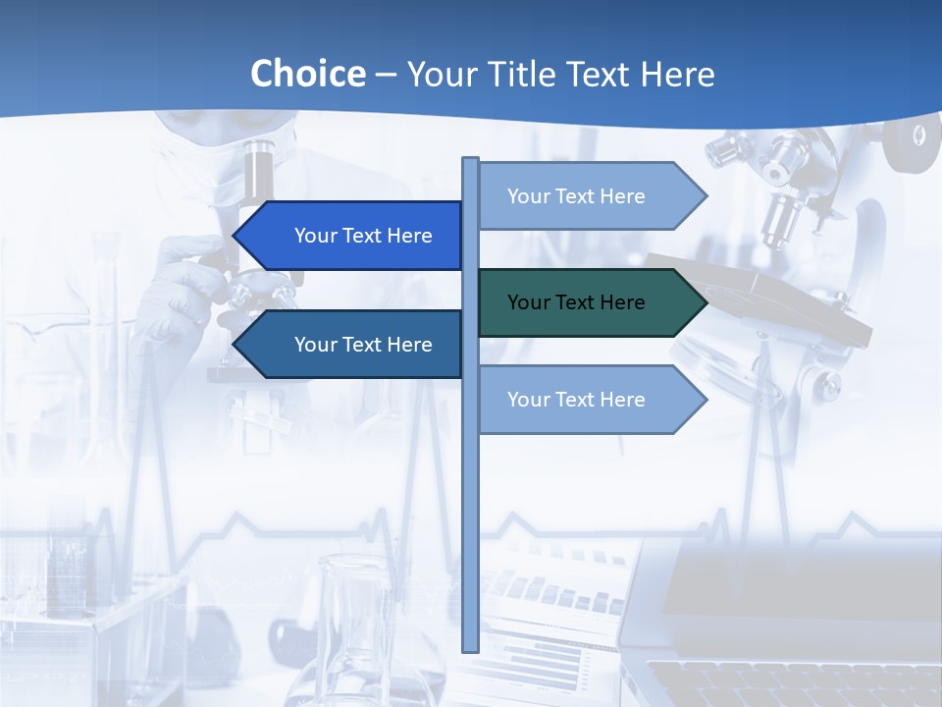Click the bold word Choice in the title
pyautogui.click(x=307, y=74)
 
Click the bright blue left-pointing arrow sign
pyautogui.click(x=353, y=236)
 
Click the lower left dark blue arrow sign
pyautogui.click(x=353, y=345)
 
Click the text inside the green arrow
pyautogui.click(x=576, y=302)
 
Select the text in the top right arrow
pyautogui.click(x=576, y=196)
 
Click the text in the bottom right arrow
pyautogui.click(x=576, y=400)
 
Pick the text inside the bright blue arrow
pyautogui.click(x=363, y=236)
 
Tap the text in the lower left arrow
pyautogui.click(x=363, y=345)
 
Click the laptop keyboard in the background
pyautogui.click(x=785, y=682)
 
